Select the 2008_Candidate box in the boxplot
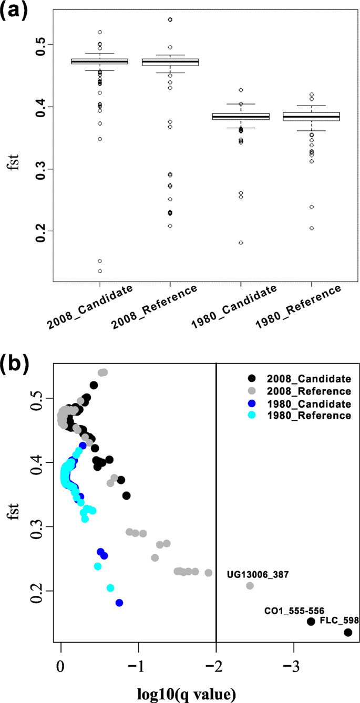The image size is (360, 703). coord(99,61)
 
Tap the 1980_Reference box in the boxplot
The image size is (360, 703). coord(311,117)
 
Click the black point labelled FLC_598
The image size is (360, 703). coord(347,633)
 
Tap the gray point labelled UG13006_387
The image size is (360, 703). coord(250,586)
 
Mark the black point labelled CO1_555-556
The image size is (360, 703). coord(311,621)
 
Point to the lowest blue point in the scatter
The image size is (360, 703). coord(119,603)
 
